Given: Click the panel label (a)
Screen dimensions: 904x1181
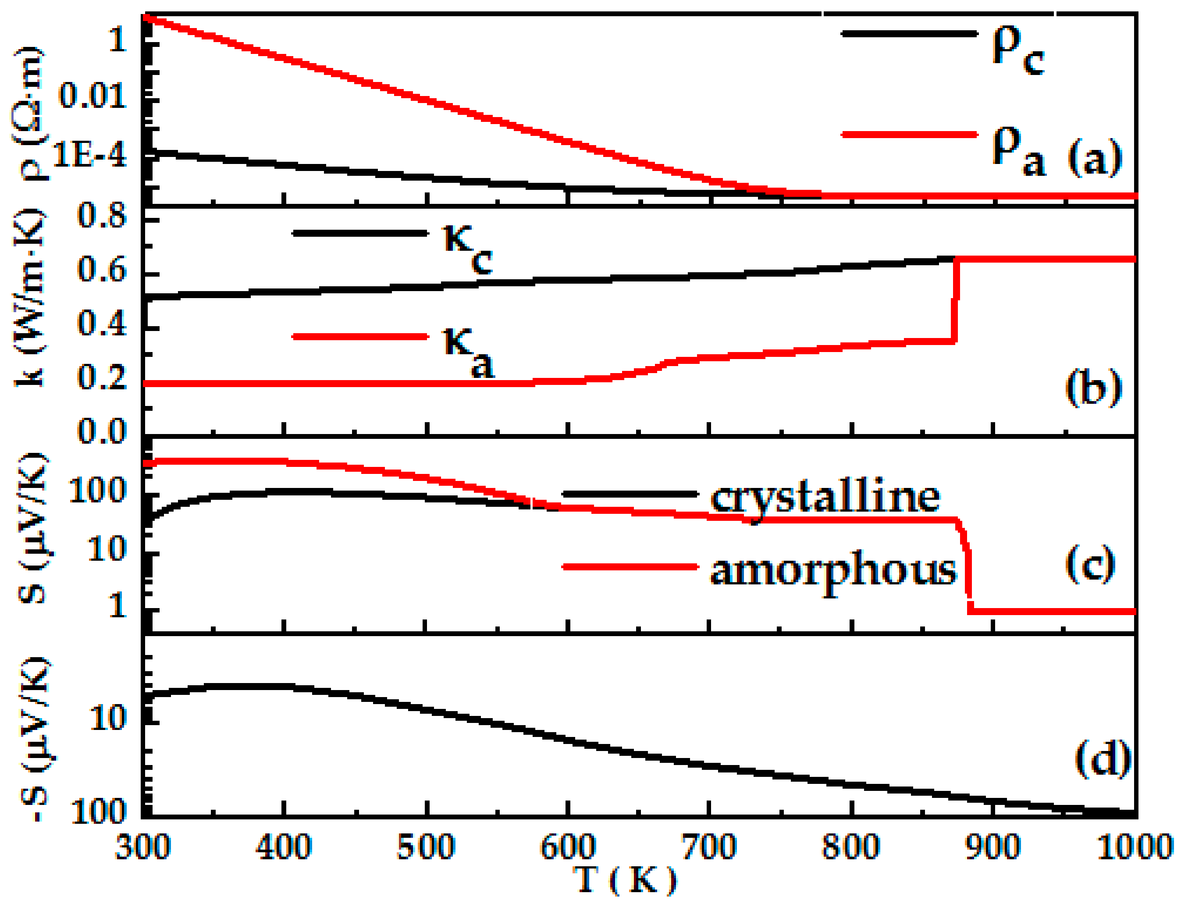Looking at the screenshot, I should (1095, 158).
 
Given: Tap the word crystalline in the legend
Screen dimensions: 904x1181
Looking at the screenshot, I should (825, 498).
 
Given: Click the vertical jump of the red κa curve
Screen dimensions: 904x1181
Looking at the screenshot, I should (956, 301).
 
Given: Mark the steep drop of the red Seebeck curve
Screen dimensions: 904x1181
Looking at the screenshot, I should (968, 565).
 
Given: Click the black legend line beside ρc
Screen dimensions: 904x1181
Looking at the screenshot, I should (909, 33).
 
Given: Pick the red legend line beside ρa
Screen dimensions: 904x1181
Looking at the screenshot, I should (909, 134).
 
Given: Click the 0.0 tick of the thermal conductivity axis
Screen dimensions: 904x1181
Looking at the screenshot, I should (102, 431).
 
